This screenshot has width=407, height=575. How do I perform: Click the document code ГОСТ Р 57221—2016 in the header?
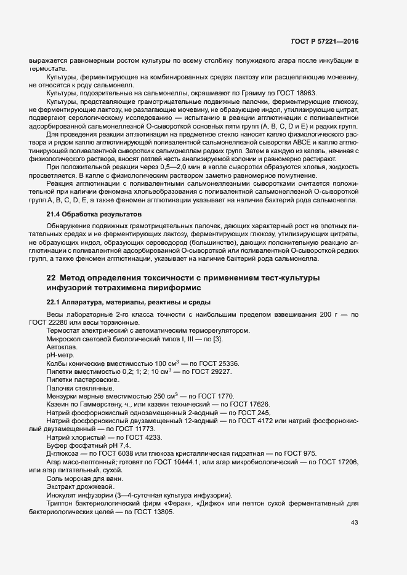tap(325, 41)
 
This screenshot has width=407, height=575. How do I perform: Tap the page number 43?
tap(354, 523)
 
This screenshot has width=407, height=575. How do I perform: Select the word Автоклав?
tap(60, 347)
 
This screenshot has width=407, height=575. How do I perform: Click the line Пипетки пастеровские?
tap(79, 380)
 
